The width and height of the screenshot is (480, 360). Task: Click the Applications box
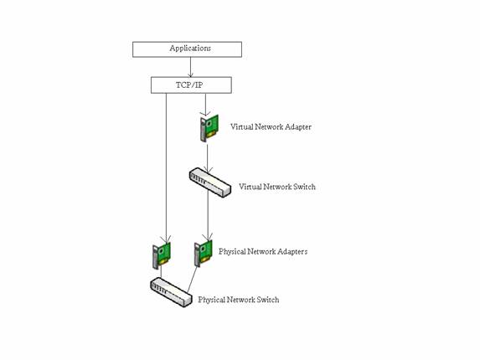[x=187, y=49]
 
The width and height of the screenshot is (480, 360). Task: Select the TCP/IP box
[x=191, y=85]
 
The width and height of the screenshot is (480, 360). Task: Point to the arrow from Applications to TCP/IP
[x=191, y=67]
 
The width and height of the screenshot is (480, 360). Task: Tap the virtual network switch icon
[x=209, y=182]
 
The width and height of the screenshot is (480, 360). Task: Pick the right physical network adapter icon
[x=204, y=253]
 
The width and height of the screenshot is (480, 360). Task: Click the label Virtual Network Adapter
[x=271, y=127]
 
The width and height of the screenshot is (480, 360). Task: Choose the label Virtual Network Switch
[x=277, y=187]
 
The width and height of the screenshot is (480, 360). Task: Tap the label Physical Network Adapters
[x=263, y=251]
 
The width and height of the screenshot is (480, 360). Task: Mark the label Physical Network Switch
[x=239, y=300]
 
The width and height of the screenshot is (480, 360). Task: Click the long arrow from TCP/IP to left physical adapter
[x=166, y=167]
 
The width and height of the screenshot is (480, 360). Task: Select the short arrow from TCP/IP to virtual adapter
[x=206, y=104]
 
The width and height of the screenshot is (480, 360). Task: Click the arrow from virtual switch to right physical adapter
[x=208, y=218]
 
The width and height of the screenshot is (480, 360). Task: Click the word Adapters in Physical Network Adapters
[x=291, y=251]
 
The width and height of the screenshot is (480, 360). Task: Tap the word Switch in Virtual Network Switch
[x=304, y=187]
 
